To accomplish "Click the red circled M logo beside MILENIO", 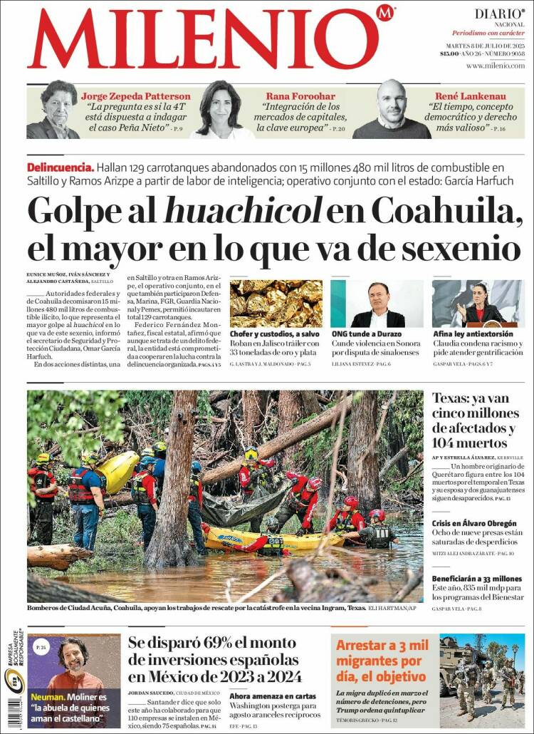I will [385, 14].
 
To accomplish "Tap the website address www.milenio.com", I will [495, 66].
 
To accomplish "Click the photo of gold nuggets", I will [276, 304].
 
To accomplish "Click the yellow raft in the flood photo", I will [285, 539].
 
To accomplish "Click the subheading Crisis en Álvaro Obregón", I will [474, 524].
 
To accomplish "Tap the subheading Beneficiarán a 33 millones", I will [477, 579].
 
